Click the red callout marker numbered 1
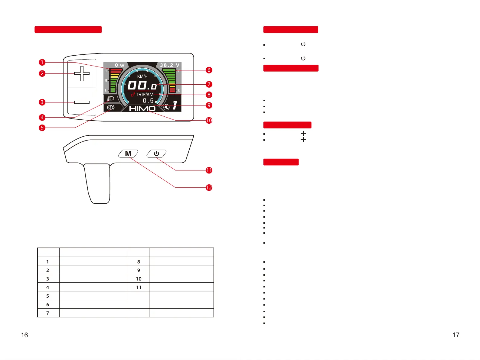point(42,62)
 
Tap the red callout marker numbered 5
point(42,128)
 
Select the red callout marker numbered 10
point(209,120)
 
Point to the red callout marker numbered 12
point(209,187)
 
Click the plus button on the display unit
point(82,73)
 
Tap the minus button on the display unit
point(82,102)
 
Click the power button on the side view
point(156,154)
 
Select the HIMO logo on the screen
point(142,109)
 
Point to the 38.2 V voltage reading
point(170,65)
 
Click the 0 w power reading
point(119,65)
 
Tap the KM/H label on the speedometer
point(142,76)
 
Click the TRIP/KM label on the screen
point(144,95)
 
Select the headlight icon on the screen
point(110,99)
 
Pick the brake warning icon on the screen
point(111,107)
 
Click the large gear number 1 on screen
point(175,105)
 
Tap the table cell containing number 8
point(139,262)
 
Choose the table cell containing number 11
point(139,287)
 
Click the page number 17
point(456,335)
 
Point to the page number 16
point(24,335)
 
